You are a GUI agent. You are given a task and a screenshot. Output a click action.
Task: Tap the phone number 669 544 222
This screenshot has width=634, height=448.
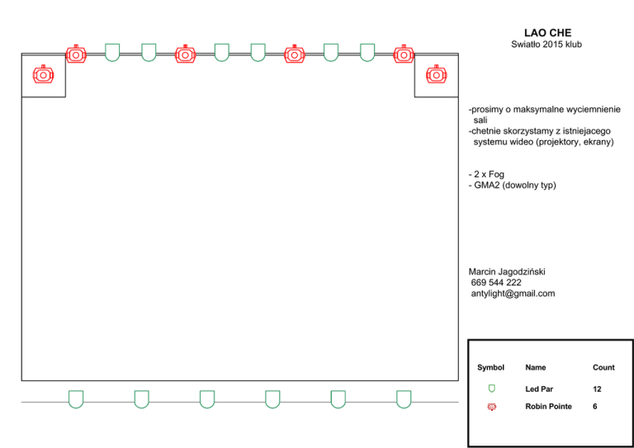click(x=496, y=282)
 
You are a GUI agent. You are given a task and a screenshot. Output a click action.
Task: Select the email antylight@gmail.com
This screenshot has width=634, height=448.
click(x=513, y=294)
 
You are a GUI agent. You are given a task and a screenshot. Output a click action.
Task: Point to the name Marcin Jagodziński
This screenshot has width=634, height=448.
click(x=508, y=271)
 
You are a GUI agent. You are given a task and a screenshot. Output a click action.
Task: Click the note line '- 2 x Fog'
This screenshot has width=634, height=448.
click(x=486, y=175)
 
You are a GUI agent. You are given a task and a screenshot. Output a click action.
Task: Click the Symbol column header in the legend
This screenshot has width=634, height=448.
click(x=490, y=367)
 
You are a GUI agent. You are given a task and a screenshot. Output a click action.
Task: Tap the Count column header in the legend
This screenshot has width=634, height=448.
click(x=603, y=367)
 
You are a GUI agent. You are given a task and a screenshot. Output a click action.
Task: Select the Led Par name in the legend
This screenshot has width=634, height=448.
click(x=539, y=388)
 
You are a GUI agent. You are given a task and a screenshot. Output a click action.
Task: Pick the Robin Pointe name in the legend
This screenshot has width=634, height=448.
click(x=549, y=407)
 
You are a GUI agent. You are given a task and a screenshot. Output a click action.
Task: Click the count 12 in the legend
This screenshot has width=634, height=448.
click(x=597, y=388)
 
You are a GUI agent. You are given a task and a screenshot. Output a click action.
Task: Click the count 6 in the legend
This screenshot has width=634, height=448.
click(x=595, y=407)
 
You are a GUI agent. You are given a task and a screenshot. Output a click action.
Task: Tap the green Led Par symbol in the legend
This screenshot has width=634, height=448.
click(x=492, y=387)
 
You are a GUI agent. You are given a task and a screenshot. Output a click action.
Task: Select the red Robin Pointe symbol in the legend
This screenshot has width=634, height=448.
click(x=492, y=407)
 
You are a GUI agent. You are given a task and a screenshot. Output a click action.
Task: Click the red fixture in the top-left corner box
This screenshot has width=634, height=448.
click(x=43, y=74)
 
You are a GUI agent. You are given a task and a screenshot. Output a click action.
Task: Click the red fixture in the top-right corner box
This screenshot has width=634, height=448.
click(x=435, y=74)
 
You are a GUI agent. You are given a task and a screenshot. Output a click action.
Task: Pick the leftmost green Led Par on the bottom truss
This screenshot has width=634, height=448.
click(x=76, y=398)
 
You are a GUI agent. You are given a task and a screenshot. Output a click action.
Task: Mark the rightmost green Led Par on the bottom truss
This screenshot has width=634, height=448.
click(x=404, y=398)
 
